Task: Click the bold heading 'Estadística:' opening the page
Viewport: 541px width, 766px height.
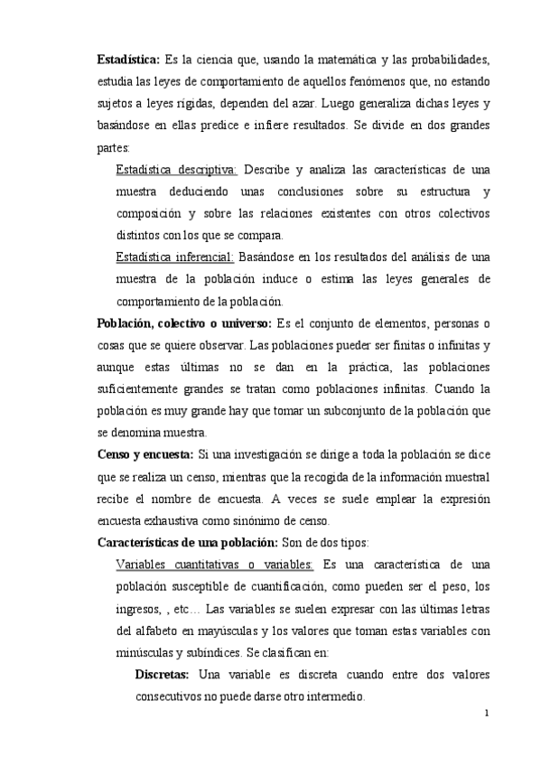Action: (128, 61)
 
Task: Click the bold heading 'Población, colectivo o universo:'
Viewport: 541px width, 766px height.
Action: (188, 323)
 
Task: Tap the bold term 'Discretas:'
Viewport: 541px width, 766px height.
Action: (162, 674)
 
